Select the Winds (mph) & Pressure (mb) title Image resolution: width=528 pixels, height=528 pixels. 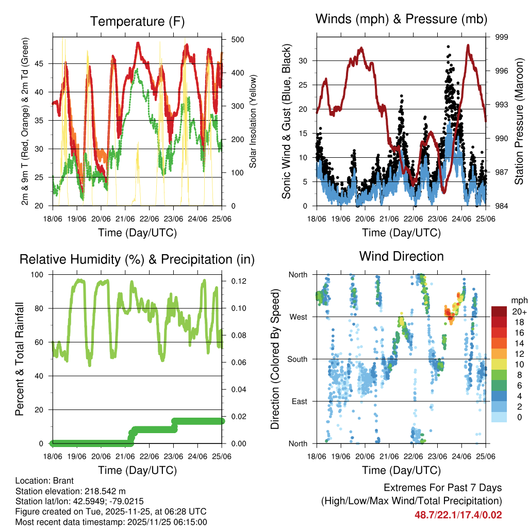click(401, 20)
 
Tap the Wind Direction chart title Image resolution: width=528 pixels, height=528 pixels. click(401, 256)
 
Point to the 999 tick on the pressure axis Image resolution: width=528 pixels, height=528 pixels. click(501, 37)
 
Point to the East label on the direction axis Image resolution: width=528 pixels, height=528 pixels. click(299, 402)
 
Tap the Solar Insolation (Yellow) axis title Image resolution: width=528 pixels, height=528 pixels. click(253, 122)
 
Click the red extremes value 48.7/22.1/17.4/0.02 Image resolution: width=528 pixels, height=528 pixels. click(458, 515)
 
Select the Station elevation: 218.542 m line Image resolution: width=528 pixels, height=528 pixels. click(71, 491)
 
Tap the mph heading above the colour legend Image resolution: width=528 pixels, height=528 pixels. click(518, 300)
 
